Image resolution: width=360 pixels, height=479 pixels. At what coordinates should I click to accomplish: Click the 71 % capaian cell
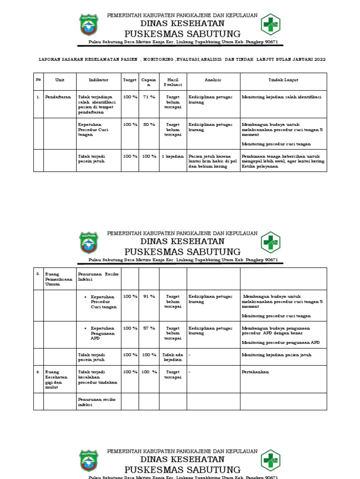point(149,97)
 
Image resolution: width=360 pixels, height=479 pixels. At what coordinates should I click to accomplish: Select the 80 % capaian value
point(149,124)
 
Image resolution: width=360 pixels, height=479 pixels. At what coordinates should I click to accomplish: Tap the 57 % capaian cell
point(149,328)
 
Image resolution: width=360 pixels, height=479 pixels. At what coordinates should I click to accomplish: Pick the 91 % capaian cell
point(149,296)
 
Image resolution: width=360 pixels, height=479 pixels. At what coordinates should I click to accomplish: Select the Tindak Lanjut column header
point(283,80)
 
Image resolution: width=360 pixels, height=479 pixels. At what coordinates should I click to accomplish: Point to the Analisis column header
point(213,80)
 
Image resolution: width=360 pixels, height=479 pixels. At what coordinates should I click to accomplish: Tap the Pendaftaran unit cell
point(58,97)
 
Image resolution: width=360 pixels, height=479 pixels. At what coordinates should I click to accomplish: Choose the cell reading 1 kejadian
point(172,156)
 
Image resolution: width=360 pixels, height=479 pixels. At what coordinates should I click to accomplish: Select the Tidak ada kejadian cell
point(172,357)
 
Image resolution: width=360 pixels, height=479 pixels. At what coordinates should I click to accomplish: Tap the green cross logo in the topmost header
point(270,24)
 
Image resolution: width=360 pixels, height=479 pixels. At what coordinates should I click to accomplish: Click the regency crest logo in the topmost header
point(89,25)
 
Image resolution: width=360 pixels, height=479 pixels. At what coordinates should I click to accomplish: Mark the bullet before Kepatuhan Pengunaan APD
point(85,328)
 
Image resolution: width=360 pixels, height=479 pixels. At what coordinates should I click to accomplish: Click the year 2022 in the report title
point(320,60)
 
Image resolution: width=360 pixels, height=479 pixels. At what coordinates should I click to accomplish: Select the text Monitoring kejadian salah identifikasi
point(281,97)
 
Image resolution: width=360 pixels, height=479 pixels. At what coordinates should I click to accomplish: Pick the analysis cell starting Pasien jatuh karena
point(212,161)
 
